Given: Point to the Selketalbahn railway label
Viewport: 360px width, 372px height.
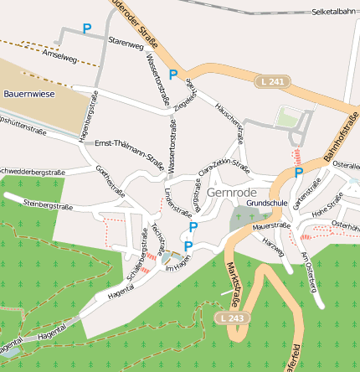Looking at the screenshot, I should coord(334,13).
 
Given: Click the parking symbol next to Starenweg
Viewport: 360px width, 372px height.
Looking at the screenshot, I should coord(86,28).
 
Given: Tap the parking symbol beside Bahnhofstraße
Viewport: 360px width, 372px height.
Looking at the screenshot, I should coord(299,173).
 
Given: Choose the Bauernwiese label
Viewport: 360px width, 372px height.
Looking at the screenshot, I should coord(28,94).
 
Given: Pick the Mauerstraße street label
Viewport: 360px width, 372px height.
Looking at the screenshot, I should coord(271,225).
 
